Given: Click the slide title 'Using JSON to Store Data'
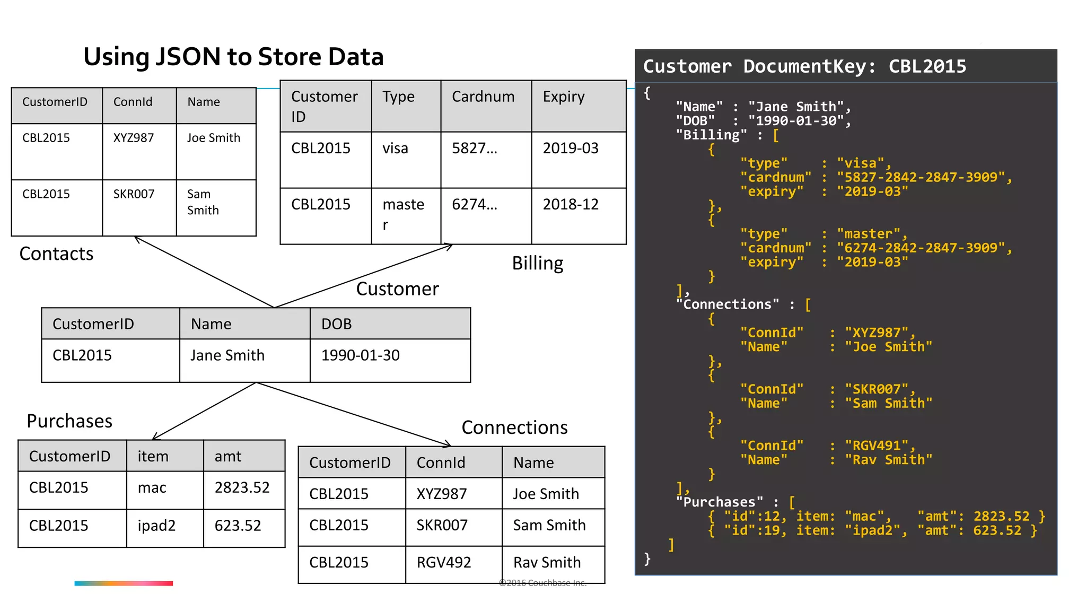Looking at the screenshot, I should tap(233, 57).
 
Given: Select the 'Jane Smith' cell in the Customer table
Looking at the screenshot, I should tap(227, 355).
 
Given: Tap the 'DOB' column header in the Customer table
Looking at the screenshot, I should tap(336, 324).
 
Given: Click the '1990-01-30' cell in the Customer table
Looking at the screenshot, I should tap(361, 355).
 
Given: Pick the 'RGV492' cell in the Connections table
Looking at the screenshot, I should tap(444, 562).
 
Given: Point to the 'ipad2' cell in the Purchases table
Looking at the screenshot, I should tap(156, 526).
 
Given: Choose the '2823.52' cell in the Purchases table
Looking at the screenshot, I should tap(242, 487).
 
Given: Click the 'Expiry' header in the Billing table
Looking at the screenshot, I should tap(564, 97).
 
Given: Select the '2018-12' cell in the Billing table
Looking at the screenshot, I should tap(571, 205).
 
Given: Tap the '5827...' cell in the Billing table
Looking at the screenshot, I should tap(475, 149).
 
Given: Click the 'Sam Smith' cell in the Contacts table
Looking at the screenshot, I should tap(203, 202).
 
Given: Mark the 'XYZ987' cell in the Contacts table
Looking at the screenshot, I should tap(134, 138).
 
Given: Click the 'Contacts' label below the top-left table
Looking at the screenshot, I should tap(56, 254).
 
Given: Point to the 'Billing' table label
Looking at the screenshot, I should tap(537, 264).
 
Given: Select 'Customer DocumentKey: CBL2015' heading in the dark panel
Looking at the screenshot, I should tap(804, 66).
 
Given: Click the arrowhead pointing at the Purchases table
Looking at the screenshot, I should tap(155, 438).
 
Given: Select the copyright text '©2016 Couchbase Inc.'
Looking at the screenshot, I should tap(542, 583).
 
